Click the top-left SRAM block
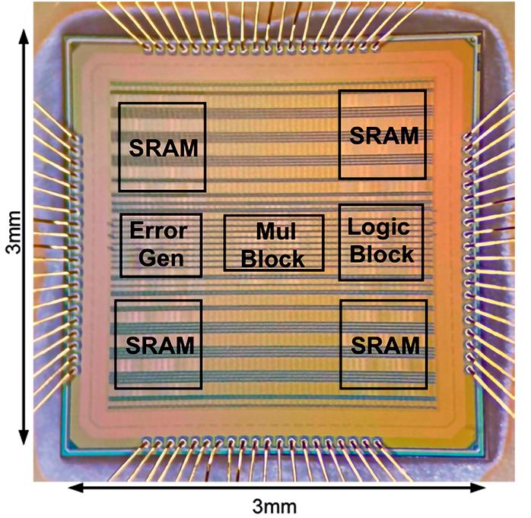162,147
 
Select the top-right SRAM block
381,134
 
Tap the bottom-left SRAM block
158,344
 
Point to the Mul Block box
274,242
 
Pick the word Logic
379,227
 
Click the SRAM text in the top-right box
383,136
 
